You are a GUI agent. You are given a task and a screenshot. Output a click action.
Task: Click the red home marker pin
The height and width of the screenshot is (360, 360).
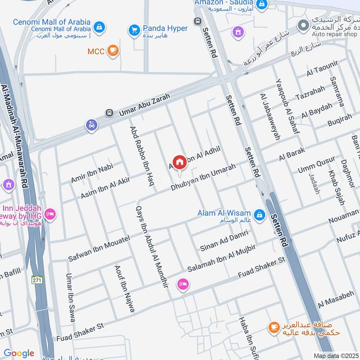(x=179, y=162)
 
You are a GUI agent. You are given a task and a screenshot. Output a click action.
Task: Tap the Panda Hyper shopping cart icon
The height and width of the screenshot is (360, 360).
(x=134, y=30)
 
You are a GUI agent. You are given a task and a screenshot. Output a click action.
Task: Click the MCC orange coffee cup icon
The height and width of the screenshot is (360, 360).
(x=113, y=51)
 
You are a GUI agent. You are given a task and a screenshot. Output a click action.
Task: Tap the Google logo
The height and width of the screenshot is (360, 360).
(x=18, y=353)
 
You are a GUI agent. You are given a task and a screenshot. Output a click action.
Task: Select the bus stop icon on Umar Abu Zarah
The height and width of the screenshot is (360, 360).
(x=108, y=112)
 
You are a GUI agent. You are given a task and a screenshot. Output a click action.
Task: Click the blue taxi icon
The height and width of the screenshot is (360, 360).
(x=91, y=126)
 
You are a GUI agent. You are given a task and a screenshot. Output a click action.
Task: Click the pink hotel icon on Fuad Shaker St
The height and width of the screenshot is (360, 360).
(x=183, y=284)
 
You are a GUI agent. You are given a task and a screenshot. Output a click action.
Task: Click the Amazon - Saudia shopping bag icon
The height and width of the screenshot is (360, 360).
(x=262, y=5)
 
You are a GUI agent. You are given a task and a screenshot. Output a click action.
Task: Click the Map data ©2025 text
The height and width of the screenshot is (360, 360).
(x=336, y=355)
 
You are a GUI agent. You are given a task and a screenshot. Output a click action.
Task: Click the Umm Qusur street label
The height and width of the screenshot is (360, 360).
(x=316, y=166)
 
